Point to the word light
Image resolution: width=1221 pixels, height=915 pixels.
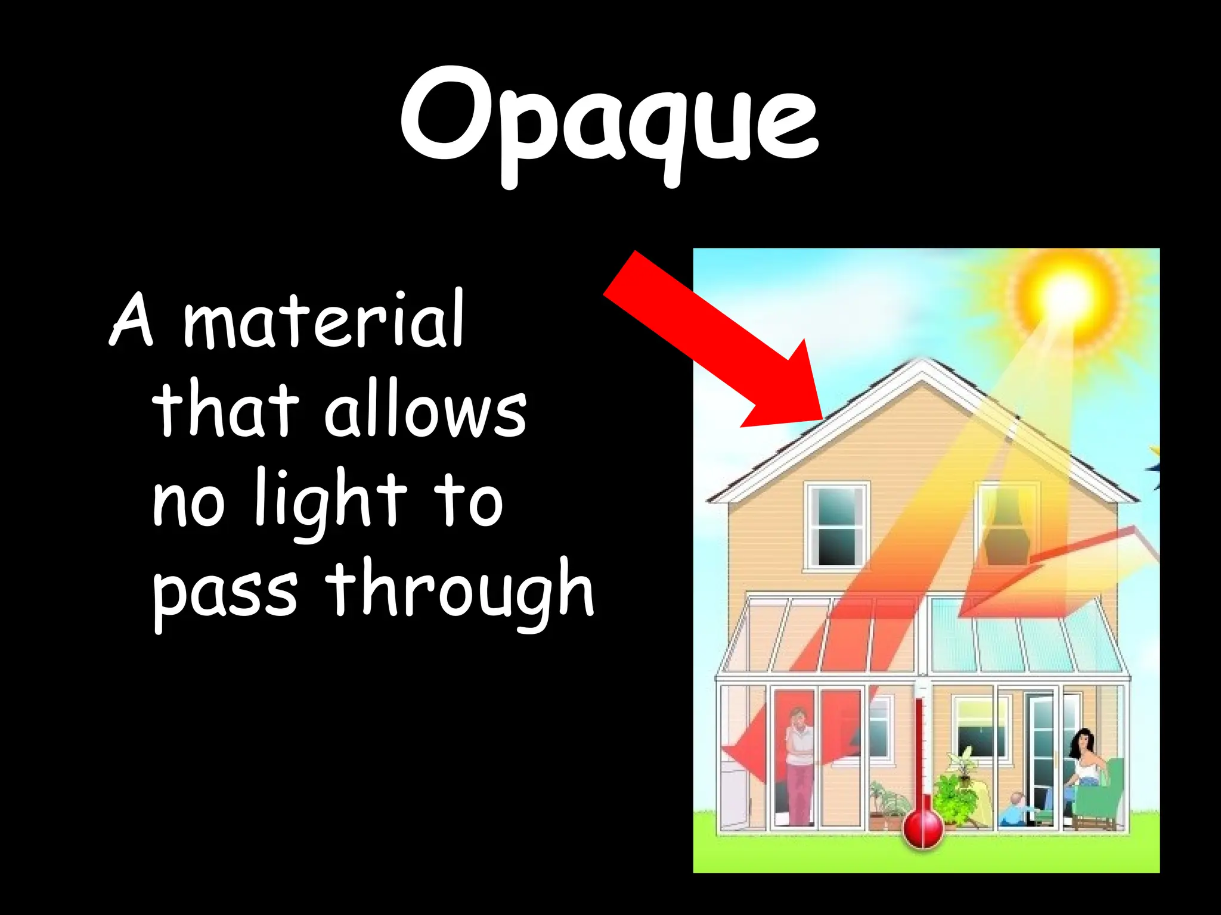330,500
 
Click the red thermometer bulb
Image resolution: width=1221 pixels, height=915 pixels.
922,828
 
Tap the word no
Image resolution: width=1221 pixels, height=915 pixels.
188,503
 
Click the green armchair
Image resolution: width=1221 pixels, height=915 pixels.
1103,798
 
